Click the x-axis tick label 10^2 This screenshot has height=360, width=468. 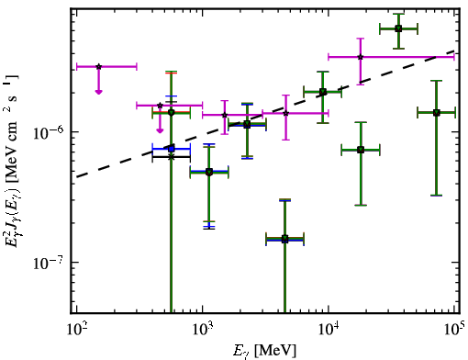tap(76, 329)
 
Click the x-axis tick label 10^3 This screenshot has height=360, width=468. tap(202, 329)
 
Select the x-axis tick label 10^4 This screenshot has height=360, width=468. tap(329, 329)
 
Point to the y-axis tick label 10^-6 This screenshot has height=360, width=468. tap(49, 132)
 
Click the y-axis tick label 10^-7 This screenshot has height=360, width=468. tap(49, 263)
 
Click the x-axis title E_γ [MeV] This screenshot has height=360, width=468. tap(264, 351)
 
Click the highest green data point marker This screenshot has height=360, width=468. tap(398, 28)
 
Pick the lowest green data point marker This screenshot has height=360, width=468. tap(284, 238)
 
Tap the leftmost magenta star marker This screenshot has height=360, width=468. tap(98, 66)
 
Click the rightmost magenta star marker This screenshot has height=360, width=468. tap(361, 57)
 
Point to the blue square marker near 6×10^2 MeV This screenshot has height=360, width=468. tap(172, 149)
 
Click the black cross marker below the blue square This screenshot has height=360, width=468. tap(172, 157)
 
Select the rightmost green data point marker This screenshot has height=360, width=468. tap(437, 113)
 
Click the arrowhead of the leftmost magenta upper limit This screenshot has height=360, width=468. tap(98, 92)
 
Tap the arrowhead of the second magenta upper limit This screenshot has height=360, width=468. tap(160, 130)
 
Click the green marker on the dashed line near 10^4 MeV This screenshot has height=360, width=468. tap(323, 92)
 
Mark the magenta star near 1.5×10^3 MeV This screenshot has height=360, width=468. tap(225, 115)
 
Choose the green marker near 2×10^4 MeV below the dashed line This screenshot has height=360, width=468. tap(361, 150)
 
